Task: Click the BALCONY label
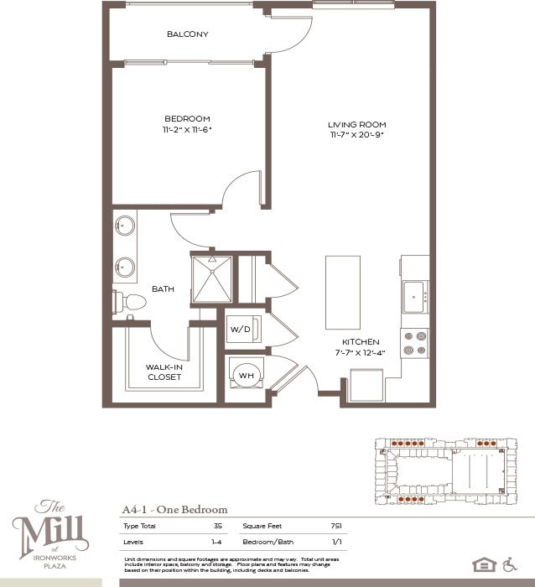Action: pyautogui.click(x=187, y=34)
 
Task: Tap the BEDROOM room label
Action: pyautogui.click(x=187, y=118)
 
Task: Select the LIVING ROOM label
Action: pyautogui.click(x=356, y=125)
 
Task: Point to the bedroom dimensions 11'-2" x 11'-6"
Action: pyautogui.click(x=187, y=129)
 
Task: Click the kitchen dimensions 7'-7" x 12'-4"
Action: pyautogui.click(x=361, y=352)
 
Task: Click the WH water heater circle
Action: pyautogui.click(x=247, y=375)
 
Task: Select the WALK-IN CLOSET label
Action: pyautogui.click(x=164, y=371)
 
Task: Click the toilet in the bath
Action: pyautogui.click(x=130, y=302)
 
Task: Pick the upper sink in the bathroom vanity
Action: pyautogui.click(x=126, y=226)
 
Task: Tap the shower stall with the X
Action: pyautogui.click(x=211, y=278)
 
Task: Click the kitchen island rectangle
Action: pyautogui.click(x=343, y=292)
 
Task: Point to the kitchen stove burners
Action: pyautogui.click(x=415, y=342)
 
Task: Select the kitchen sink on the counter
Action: pyautogui.click(x=414, y=296)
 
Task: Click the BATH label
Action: pyautogui.click(x=163, y=289)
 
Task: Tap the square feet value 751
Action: pyautogui.click(x=336, y=526)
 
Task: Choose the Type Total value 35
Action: pyautogui.click(x=217, y=526)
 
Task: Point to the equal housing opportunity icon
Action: pyautogui.click(x=484, y=564)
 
